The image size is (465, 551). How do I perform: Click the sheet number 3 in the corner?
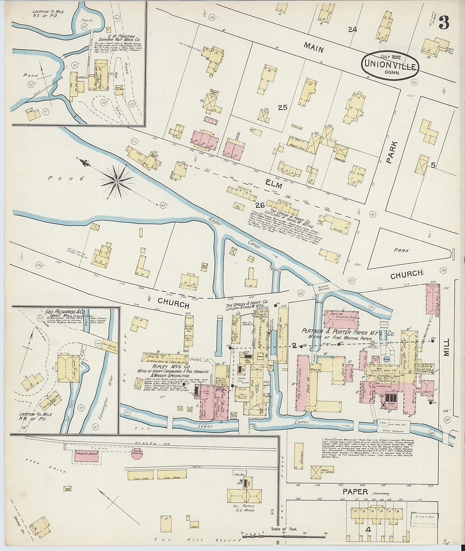tap(444, 23)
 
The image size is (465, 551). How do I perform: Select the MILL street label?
tap(446, 347)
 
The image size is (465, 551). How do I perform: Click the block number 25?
tap(282, 107)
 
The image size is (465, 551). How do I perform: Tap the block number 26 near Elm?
tap(260, 205)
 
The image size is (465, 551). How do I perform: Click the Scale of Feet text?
tap(284, 529)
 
